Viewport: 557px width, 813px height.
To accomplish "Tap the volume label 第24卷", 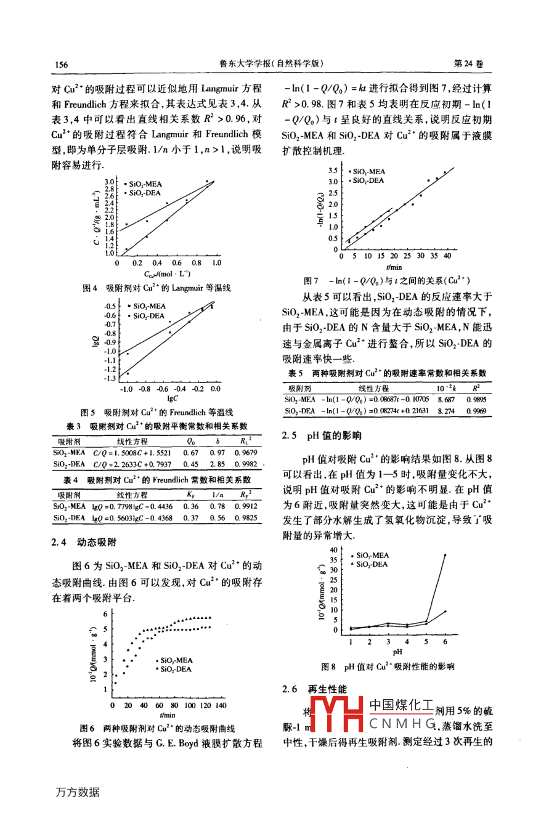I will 469,64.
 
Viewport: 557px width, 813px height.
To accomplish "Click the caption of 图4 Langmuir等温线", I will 157,288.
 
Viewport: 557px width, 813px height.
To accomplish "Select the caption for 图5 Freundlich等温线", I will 157,412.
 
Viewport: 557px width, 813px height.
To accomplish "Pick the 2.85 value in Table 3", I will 217,464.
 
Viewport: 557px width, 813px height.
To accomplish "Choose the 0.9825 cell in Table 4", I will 245,518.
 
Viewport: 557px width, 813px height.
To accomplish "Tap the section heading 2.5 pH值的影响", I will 322,435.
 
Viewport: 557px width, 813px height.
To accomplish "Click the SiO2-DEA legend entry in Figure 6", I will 176,669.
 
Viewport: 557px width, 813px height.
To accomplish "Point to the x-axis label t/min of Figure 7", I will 394,267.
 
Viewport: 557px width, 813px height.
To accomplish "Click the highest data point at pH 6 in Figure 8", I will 445,555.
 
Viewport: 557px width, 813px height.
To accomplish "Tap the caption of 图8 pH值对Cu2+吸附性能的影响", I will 388,666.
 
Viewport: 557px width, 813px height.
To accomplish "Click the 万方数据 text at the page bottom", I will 78,792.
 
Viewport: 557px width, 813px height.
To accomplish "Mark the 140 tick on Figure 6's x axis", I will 221,705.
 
